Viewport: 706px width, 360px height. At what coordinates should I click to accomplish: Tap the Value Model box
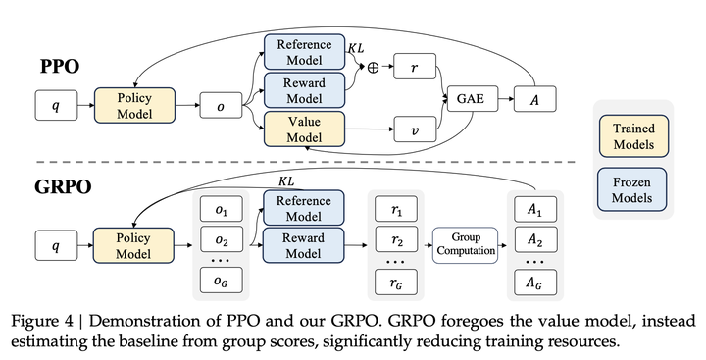pyautogui.click(x=305, y=129)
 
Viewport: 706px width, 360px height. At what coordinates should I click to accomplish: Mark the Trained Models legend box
pyautogui.click(x=631, y=134)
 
